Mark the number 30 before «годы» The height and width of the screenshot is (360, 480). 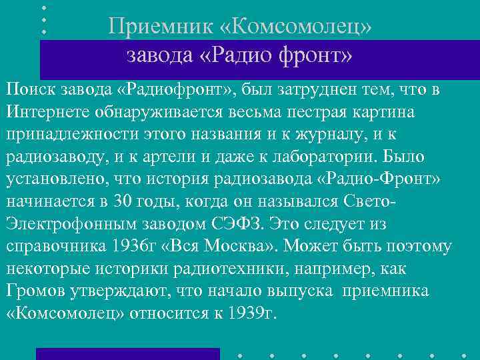coord(120,202)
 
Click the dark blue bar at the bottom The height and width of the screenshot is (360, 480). coord(127,353)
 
